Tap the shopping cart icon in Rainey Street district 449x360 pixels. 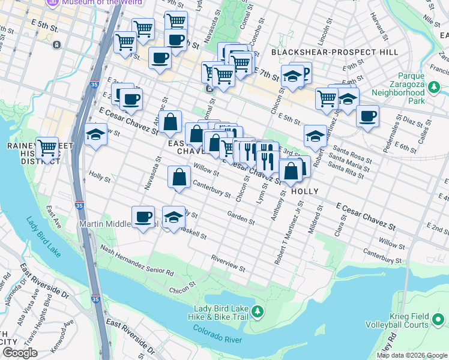point(47,147)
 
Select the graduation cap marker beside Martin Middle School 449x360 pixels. point(173,217)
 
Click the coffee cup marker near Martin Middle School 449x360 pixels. point(143,217)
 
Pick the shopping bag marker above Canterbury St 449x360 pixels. point(179,177)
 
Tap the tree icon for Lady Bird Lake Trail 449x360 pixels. point(257,311)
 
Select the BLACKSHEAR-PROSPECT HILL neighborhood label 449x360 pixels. point(335,52)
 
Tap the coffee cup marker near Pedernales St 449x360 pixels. point(367,115)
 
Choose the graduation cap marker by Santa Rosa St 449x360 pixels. point(315,136)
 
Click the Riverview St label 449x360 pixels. point(228,262)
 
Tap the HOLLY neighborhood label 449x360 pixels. point(304,191)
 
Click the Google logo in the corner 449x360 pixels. point(20,353)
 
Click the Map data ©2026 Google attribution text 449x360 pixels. point(412,355)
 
